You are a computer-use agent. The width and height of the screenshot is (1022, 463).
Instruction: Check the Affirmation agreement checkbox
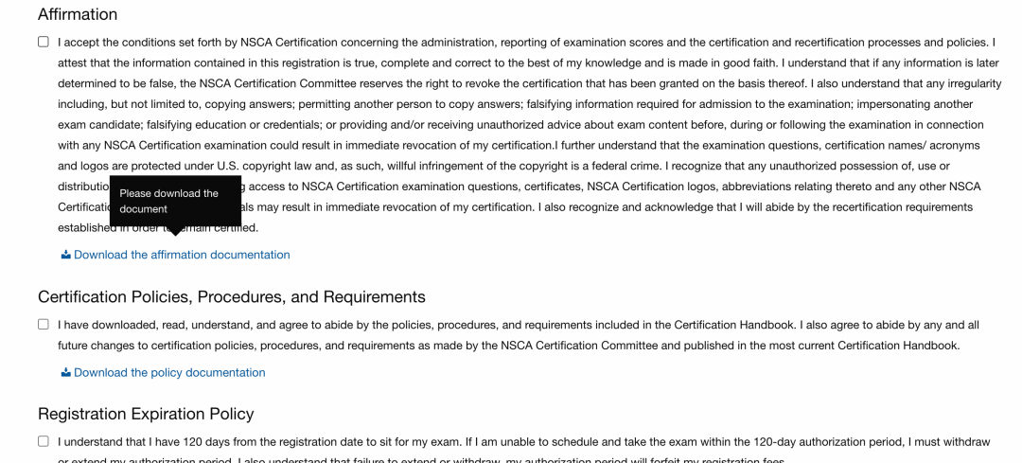click(x=44, y=42)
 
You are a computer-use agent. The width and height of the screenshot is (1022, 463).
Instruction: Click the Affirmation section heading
click(x=78, y=14)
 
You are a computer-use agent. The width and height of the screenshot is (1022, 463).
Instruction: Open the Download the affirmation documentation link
click(x=182, y=255)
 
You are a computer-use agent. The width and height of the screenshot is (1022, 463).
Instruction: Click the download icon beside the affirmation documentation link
click(x=66, y=255)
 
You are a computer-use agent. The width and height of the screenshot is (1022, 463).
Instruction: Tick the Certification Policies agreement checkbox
click(x=44, y=324)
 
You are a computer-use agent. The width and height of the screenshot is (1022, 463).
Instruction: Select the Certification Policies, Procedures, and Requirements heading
click(x=232, y=297)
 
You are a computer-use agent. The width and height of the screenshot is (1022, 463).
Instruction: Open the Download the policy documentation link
click(x=169, y=372)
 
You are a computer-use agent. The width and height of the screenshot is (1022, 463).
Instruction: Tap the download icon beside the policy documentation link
click(x=66, y=372)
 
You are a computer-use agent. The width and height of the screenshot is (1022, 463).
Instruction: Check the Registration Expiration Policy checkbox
click(x=44, y=441)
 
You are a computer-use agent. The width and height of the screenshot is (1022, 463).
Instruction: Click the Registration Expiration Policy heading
click(x=146, y=414)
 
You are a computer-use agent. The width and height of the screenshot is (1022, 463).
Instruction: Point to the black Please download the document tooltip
click(x=175, y=201)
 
